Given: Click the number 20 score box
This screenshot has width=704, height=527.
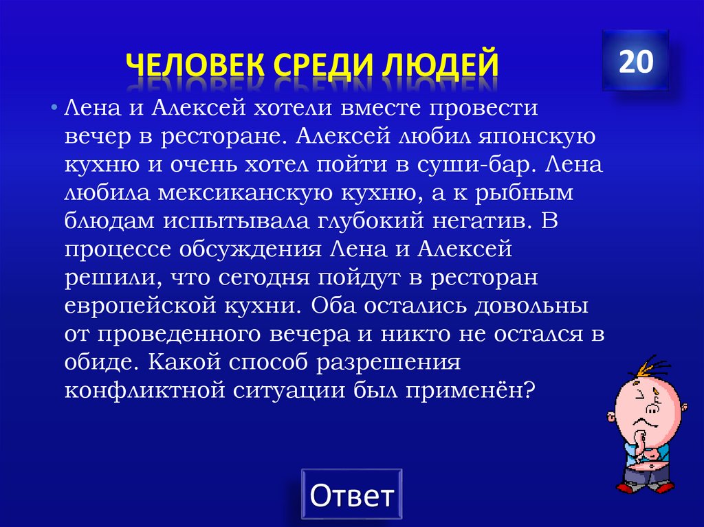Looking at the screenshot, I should [635, 61].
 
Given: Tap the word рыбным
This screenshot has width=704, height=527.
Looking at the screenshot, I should [523, 194].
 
